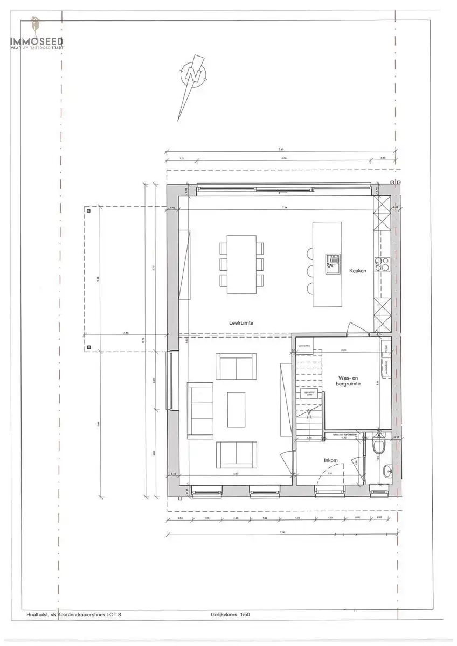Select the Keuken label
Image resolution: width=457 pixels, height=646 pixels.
pyautogui.click(x=357, y=271)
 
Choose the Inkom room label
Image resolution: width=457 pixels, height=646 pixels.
pyautogui.click(x=330, y=461)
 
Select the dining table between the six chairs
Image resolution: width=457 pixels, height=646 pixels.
pyautogui.click(x=241, y=264)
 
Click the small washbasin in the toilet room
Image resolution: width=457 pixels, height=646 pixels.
pyautogui.click(x=388, y=472)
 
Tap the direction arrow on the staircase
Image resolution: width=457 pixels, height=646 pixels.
pyautogui.click(x=308, y=413)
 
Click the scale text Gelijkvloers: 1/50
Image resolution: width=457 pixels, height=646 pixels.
pyautogui.click(x=231, y=614)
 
